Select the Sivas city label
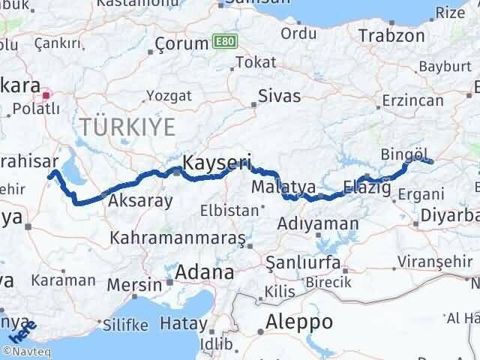(x=279, y=96)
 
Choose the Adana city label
(x=205, y=273)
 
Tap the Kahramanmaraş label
(x=178, y=238)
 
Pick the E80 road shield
(x=223, y=40)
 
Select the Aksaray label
(x=141, y=201)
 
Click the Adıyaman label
(x=317, y=223)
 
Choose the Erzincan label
(x=413, y=100)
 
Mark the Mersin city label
(x=134, y=285)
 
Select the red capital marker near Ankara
(x=47, y=95)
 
